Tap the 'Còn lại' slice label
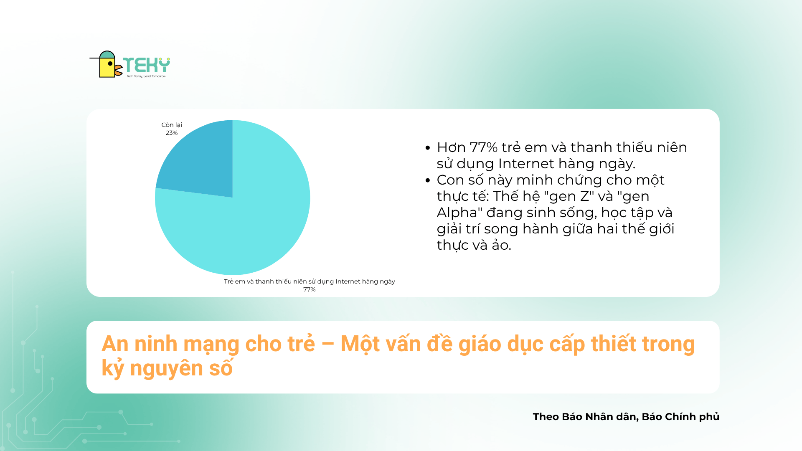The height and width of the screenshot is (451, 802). click(172, 125)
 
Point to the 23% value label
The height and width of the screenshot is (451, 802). click(172, 133)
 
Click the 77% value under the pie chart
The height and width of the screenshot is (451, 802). click(310, 289)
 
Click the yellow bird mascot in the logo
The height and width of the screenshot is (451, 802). click(107, 64)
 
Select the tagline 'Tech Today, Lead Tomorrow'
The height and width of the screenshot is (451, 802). click(146, 76)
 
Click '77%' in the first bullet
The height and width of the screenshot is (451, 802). click(484, 147)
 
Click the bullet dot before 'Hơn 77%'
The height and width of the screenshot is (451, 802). click(427, 148)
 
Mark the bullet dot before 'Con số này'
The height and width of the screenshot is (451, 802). click(427, 180)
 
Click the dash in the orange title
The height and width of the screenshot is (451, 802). click(328, 345)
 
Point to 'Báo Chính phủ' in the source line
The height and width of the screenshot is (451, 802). click(680, 417)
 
